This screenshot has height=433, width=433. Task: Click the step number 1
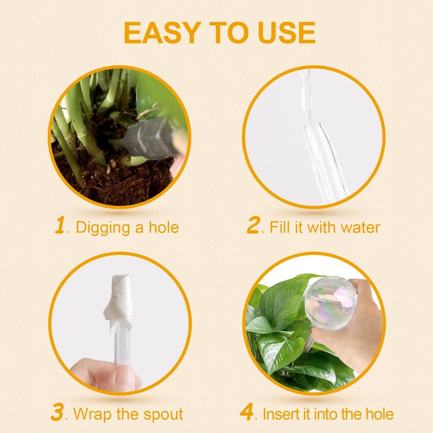point(60,225)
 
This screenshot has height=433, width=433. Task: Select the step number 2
point(253,225)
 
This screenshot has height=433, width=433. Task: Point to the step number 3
point(58,412)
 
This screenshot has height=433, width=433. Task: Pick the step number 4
point(247,412)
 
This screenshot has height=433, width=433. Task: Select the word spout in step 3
point(163,415)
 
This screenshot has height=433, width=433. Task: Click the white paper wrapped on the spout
point(119,302)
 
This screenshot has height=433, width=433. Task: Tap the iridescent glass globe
point(330,303)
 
